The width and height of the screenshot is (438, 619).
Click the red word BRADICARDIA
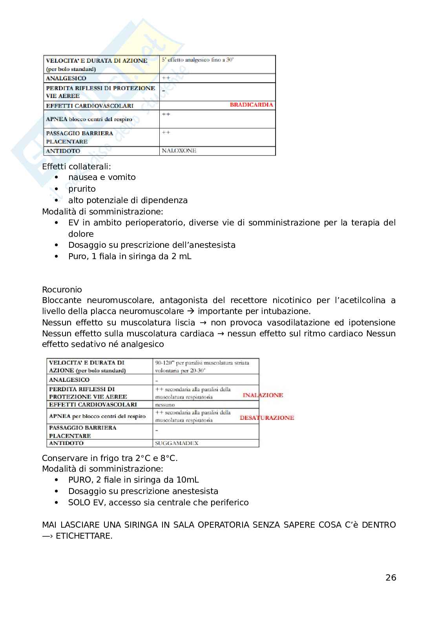click(251, 105)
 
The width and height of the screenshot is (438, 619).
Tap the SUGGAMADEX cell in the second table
click(177, 443)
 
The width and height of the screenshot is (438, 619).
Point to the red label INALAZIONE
click(263, 395)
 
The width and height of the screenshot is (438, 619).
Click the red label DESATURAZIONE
click(266, 418)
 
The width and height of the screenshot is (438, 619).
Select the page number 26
click(391, 577)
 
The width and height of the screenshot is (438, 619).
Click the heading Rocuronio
click(62, 290)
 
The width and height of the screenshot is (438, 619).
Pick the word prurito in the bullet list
click(82, 189)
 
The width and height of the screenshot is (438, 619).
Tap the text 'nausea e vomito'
click(102, 177)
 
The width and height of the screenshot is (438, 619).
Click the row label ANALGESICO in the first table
click(66, 78)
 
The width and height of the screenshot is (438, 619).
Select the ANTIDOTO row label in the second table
click(66, 443)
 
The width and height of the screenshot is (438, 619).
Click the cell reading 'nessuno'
click(165, 405)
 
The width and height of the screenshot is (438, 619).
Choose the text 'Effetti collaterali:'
click(76, 166)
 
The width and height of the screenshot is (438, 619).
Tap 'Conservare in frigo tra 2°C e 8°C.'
click(109, 458)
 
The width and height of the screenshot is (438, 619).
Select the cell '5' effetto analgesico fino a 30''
click(198, 60)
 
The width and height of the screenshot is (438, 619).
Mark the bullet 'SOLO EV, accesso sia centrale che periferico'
click(158, 502)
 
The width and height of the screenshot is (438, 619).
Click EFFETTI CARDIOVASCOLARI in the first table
click(89, 105)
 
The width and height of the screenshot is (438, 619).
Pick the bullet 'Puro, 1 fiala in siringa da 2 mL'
click(130, 256)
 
